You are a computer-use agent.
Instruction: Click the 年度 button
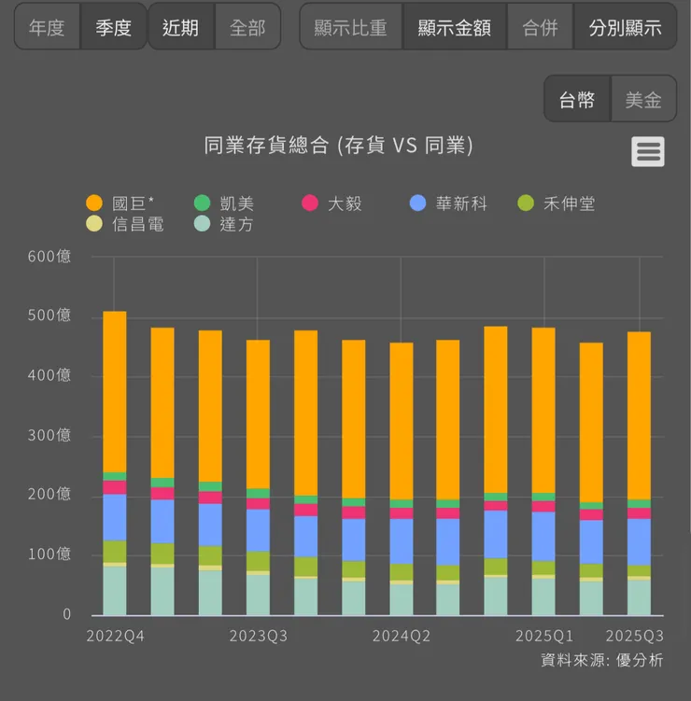[47, 27]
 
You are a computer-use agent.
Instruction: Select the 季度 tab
[114, 27]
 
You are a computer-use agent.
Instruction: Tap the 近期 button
[180, 27]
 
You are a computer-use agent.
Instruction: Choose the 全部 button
[247, 27]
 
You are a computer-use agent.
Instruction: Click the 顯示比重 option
[350, 27]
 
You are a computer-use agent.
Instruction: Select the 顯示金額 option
[455, 27]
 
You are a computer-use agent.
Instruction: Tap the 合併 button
[540, 27]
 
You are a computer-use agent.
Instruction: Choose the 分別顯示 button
[625, 27]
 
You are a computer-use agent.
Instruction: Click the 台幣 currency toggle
[577, 100]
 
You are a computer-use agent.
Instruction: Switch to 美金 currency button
[643, 100]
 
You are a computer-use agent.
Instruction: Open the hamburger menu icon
[648, 151]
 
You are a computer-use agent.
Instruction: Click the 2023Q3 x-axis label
[259, 637]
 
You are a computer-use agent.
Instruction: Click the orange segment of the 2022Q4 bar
[114, 392]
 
